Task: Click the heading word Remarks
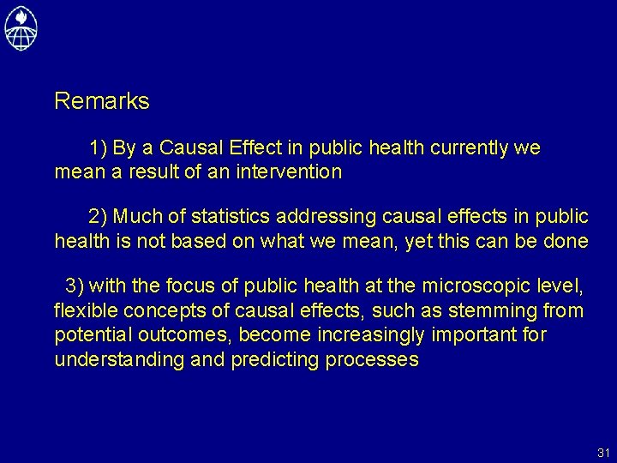tap(101, 101)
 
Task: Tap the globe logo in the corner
tap(21, 27)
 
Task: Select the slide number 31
tap(602, 452)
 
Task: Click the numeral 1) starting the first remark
tap(98, 148)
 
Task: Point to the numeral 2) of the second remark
tap(98, 216)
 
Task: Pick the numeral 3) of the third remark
tap(75, 285)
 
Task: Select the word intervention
tap(294, 171)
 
